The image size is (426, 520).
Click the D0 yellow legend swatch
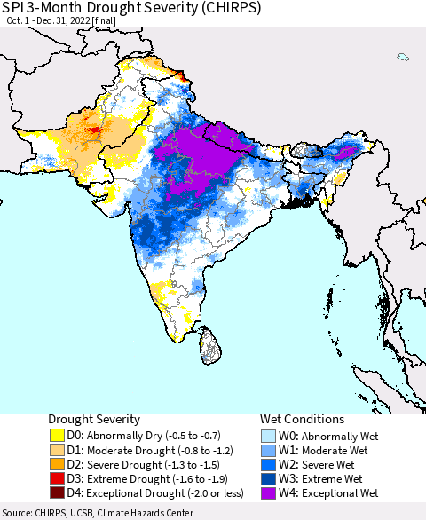point(58,436)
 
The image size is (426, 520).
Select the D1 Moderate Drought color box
point(58,450)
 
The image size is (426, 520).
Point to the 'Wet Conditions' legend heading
point(303,419)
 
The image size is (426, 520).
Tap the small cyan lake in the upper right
point(403,58)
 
